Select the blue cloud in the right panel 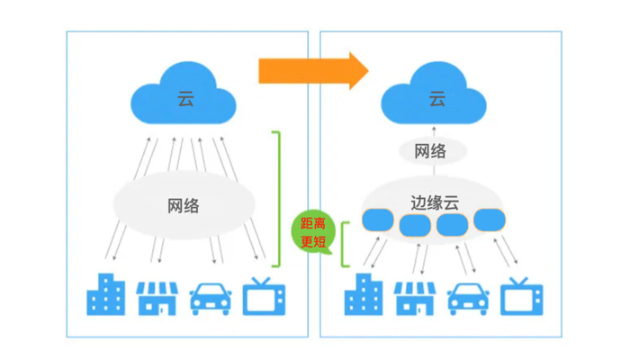coord(436,95)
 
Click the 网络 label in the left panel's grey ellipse coord(183,205)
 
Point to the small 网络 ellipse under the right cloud coord(430,151)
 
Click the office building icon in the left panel coord(104,294)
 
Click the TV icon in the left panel coord(265,295)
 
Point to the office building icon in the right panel coord(364,294)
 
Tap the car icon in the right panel coord(468,297)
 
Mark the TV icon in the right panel coord(522,295)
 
